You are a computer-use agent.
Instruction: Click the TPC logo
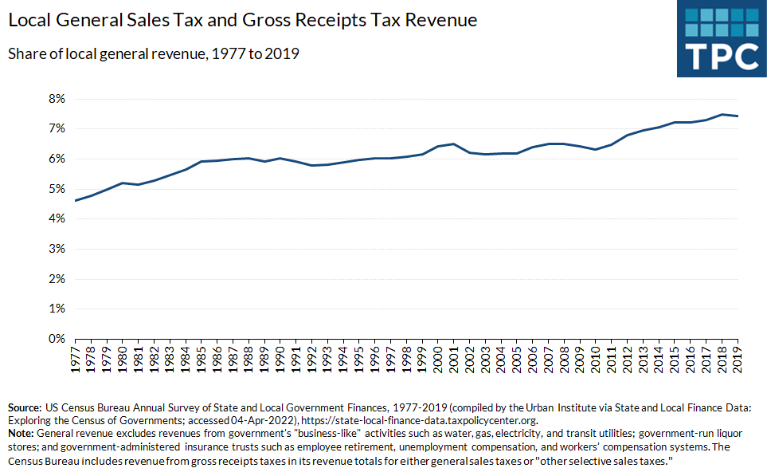[721, 39]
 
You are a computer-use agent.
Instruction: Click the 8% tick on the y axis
[55, 98]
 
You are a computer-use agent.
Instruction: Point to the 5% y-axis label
[55, 189]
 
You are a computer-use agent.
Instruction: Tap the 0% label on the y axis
[55, 339]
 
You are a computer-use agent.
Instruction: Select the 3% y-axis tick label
[55, 249]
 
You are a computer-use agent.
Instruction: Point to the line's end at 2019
[737, 116]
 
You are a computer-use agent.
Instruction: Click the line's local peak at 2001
[454, 144]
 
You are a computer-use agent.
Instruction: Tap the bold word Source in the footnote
[23, 406]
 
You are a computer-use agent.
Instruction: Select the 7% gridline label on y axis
[55, 128]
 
